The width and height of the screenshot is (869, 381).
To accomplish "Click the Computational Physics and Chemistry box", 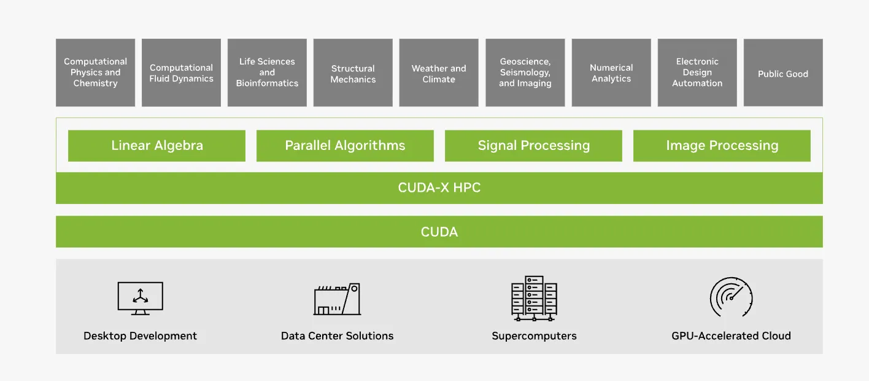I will (95, 73).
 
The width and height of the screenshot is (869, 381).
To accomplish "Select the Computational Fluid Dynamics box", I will (181, 73).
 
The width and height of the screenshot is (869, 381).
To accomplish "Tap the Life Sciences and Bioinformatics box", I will (267, 73).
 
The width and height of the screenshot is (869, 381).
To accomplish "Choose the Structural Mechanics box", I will (353, 73).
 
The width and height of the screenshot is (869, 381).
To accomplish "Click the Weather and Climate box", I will (439, 73).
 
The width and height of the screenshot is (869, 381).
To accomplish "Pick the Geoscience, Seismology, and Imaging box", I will (525, 73).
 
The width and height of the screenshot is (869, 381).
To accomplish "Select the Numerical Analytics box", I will (611, 73).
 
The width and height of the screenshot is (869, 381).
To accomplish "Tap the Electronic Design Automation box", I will (697, 73).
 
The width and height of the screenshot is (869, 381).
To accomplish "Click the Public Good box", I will (783, 73).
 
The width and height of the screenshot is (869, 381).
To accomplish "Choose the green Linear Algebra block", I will (156, 146).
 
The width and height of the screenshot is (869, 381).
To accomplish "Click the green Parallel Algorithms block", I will (345, 146).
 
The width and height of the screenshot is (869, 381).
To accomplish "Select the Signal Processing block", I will (533, 146).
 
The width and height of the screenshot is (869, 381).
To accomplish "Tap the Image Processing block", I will (722, 146).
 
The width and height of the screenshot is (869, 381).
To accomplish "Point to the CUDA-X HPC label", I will (439, 188).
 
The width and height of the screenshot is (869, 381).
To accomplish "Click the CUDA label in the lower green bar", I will (439, 232).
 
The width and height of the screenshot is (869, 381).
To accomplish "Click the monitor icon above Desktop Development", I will (140, 298).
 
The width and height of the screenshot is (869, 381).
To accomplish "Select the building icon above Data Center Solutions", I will (337, 299).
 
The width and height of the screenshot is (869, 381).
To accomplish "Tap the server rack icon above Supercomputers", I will (534, 298).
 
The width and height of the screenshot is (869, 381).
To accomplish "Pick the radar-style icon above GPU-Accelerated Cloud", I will (731, 297).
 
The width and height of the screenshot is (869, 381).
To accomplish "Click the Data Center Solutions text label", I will (337, 336).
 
